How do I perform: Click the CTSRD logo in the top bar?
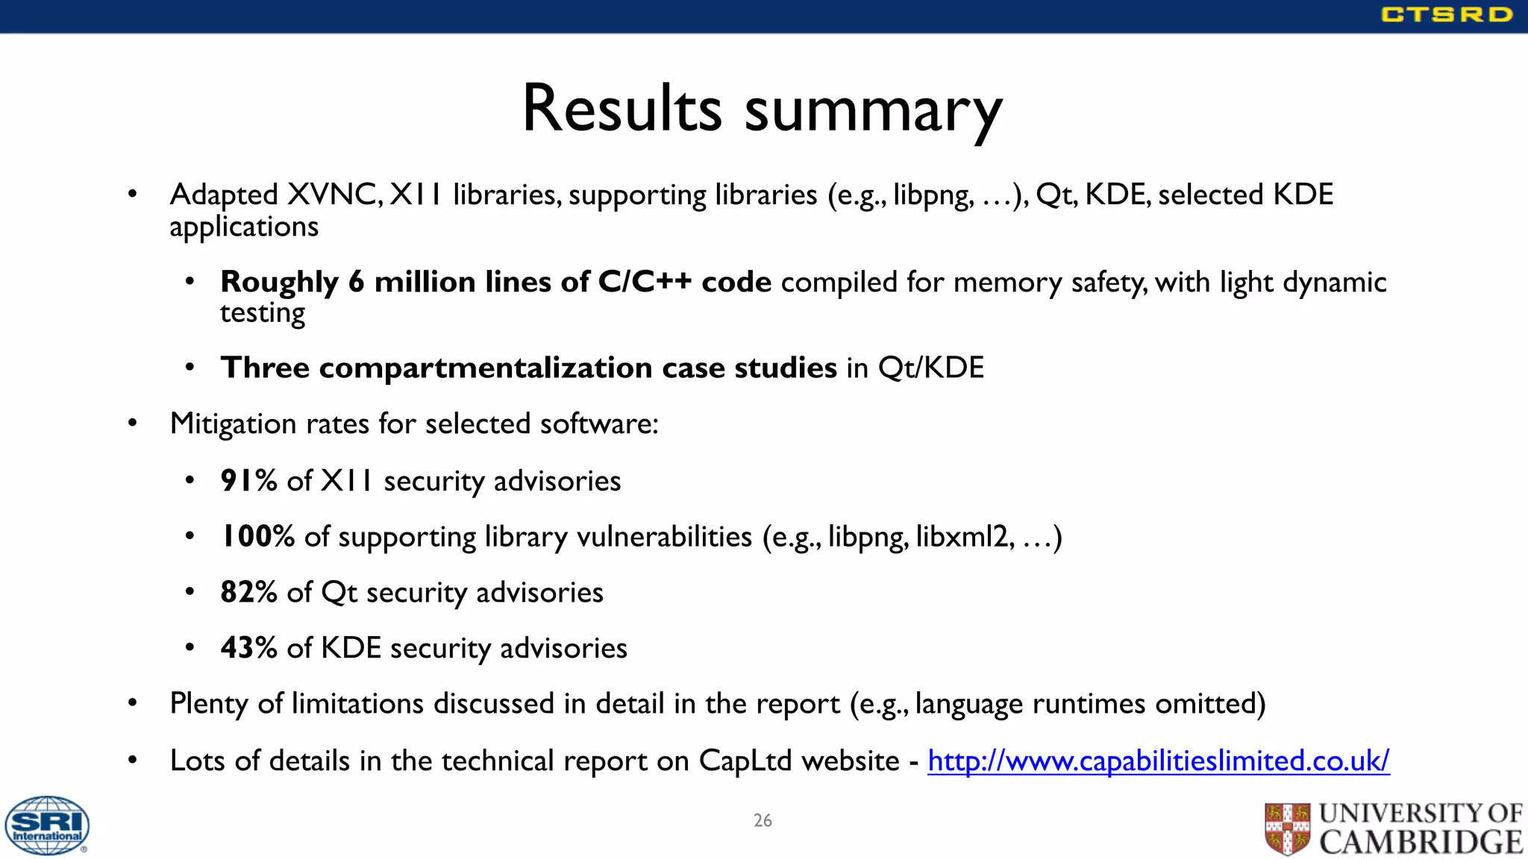[1446, 15]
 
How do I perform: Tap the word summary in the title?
[873, 112]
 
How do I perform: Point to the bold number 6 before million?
[357, 282]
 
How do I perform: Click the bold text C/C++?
[645, 282]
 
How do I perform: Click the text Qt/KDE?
[930, 368]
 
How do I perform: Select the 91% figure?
[248, 481]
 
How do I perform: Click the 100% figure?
[257, 537]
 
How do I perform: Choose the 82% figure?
[248, 592]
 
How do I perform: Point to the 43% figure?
[248, 648]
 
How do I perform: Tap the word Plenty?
[209, 704]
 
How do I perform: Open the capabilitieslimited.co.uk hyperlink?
[1158, 761]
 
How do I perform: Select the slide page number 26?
[763, 820]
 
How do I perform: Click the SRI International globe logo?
[47, 825]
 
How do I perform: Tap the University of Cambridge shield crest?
[1287, 828]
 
